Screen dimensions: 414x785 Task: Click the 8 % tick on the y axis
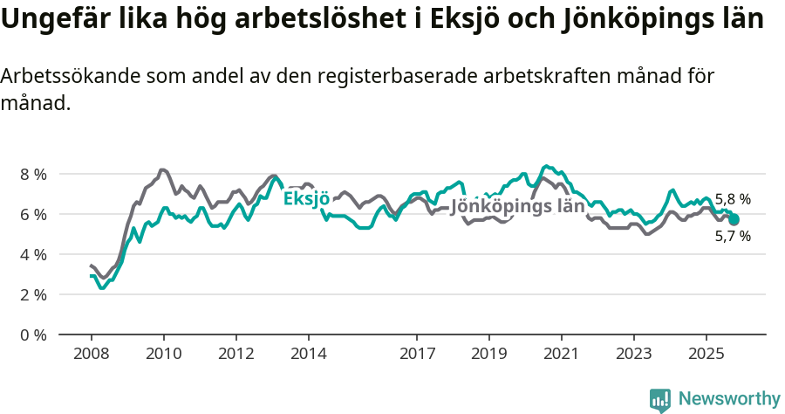click(33, 174)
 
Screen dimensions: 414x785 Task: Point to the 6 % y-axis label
click(33, 214)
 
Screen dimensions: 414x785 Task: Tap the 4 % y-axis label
click(33, 254)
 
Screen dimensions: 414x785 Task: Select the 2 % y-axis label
click(33, 294)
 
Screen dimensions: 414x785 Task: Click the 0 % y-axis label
click(33, 335)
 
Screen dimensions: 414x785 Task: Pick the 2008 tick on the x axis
click(91, 354)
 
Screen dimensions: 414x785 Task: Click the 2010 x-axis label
click(163, 354)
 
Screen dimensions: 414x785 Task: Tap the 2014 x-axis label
click(308, 354)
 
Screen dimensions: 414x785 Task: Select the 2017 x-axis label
click(416, 354)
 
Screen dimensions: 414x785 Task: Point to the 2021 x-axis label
click(561, 354)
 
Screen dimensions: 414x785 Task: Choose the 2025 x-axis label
click(706, 354)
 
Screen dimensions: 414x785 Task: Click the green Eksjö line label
click(306, 199)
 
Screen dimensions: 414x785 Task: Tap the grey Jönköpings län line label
click(516, 207)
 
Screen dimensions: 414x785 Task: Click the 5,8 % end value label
click(733, 199)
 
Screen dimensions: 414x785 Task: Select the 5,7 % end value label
click(733, 236)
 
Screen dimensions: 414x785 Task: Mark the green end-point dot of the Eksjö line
click(734, 220)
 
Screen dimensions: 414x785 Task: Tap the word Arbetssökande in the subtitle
click(63, 76)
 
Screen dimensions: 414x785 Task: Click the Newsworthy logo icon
click(660, 399)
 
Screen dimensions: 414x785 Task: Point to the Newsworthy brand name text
click(728, 399)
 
